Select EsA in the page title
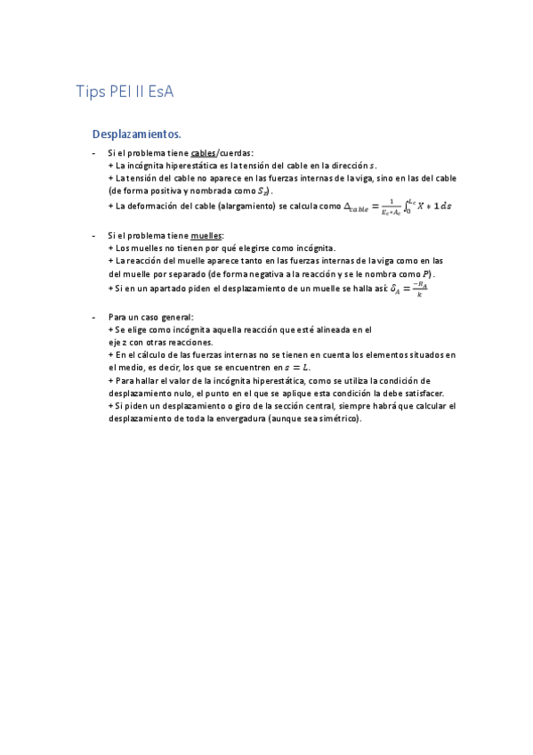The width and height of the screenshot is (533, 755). click(169, 92)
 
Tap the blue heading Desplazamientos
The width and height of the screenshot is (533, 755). click(136, 134)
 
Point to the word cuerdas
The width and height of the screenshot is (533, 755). click(236, 152)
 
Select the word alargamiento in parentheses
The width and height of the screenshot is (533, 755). click(246, 206)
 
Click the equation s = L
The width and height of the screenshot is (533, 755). click(295, 368)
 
